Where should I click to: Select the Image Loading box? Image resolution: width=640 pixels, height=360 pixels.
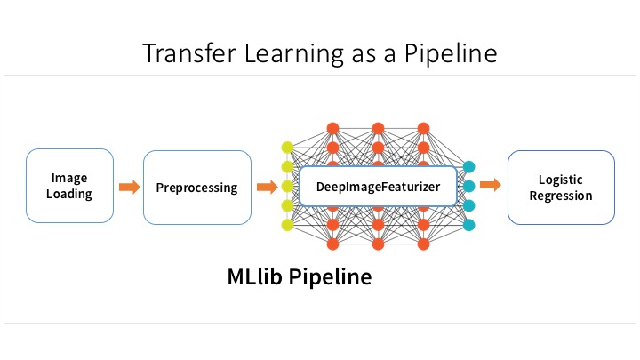click(x=68, y=186)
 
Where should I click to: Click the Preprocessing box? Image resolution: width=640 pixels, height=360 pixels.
click(x=196, y=187)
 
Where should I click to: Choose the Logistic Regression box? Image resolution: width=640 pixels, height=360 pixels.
click(x=560, y=187)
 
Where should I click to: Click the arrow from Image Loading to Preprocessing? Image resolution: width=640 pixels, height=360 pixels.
click(x=130, y=187)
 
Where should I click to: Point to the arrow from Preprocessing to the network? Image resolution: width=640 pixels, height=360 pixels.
click(x=266, y=187)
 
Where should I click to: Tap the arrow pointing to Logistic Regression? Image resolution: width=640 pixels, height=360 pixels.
click(x=490, y=186)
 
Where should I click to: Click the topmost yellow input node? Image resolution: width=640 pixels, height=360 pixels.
click(x=287, y=148)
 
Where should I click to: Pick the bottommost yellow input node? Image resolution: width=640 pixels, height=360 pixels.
click(x=287, y=226)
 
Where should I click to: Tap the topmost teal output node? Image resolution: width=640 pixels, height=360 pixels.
click(x=469, y=166)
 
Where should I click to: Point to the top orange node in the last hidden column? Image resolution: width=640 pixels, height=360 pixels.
click(x=423, y=127)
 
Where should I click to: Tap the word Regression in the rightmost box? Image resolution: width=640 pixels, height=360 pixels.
click(x=560, y=195)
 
